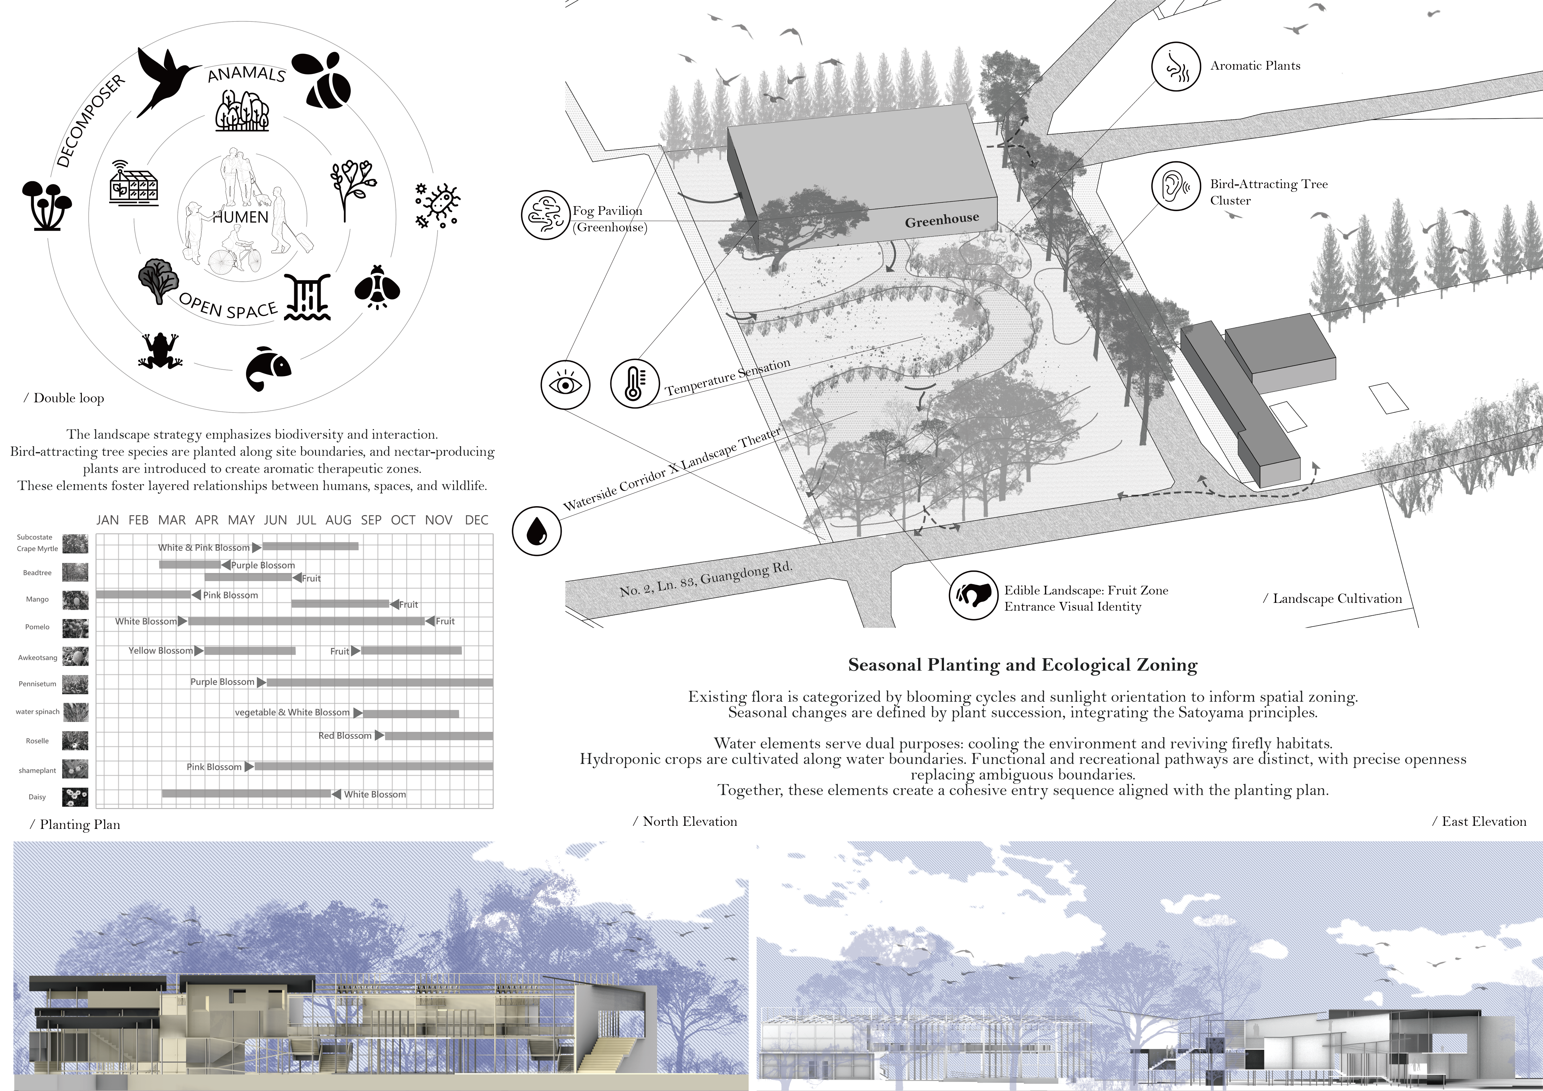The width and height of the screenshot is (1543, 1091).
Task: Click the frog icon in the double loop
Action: coord(160,351)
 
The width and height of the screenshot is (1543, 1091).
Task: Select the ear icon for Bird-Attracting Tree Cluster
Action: coord(1175,186)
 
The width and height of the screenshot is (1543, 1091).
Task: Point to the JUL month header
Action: coord(306,520)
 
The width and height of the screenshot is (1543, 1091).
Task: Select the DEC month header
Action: coord(476,520)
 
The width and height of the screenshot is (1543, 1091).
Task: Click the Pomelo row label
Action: coord(38,627)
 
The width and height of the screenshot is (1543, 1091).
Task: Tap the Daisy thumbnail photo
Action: coord(75,797)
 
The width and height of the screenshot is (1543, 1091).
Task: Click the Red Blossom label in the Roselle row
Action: coord(345,736)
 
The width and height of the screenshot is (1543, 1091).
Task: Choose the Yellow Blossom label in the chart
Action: coord(160,650)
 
